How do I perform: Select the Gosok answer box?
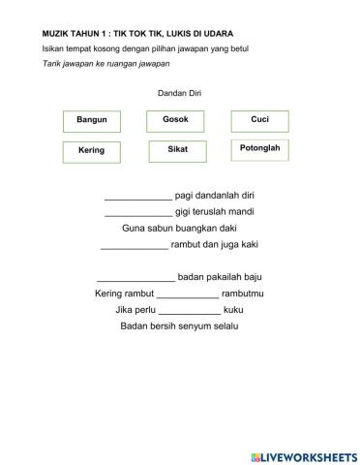point(175,120)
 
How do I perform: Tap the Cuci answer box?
point(259,120)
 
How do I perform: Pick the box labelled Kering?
point(91,151)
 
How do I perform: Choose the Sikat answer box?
point(177,150)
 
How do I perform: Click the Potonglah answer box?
point(259,149)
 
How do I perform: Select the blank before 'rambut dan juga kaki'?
point(134,245)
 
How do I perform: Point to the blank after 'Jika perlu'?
point(189,310)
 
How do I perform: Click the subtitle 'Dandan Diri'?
point(179,93)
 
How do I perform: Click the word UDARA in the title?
point(213,33)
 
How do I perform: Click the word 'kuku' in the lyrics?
point(233,310)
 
